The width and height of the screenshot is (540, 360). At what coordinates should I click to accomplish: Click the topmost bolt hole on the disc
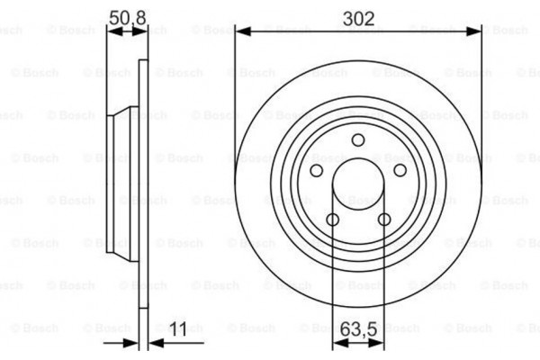(358, 139)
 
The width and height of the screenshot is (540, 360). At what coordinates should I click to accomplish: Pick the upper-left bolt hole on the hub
(316, 170)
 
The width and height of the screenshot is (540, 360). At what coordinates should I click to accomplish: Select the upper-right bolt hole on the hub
(400, 170)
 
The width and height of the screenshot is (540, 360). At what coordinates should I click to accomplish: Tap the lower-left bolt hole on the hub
(332, 220)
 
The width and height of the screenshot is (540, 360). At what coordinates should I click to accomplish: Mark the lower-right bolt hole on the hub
(384, 220)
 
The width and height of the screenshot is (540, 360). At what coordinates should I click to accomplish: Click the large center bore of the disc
(358, 185)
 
